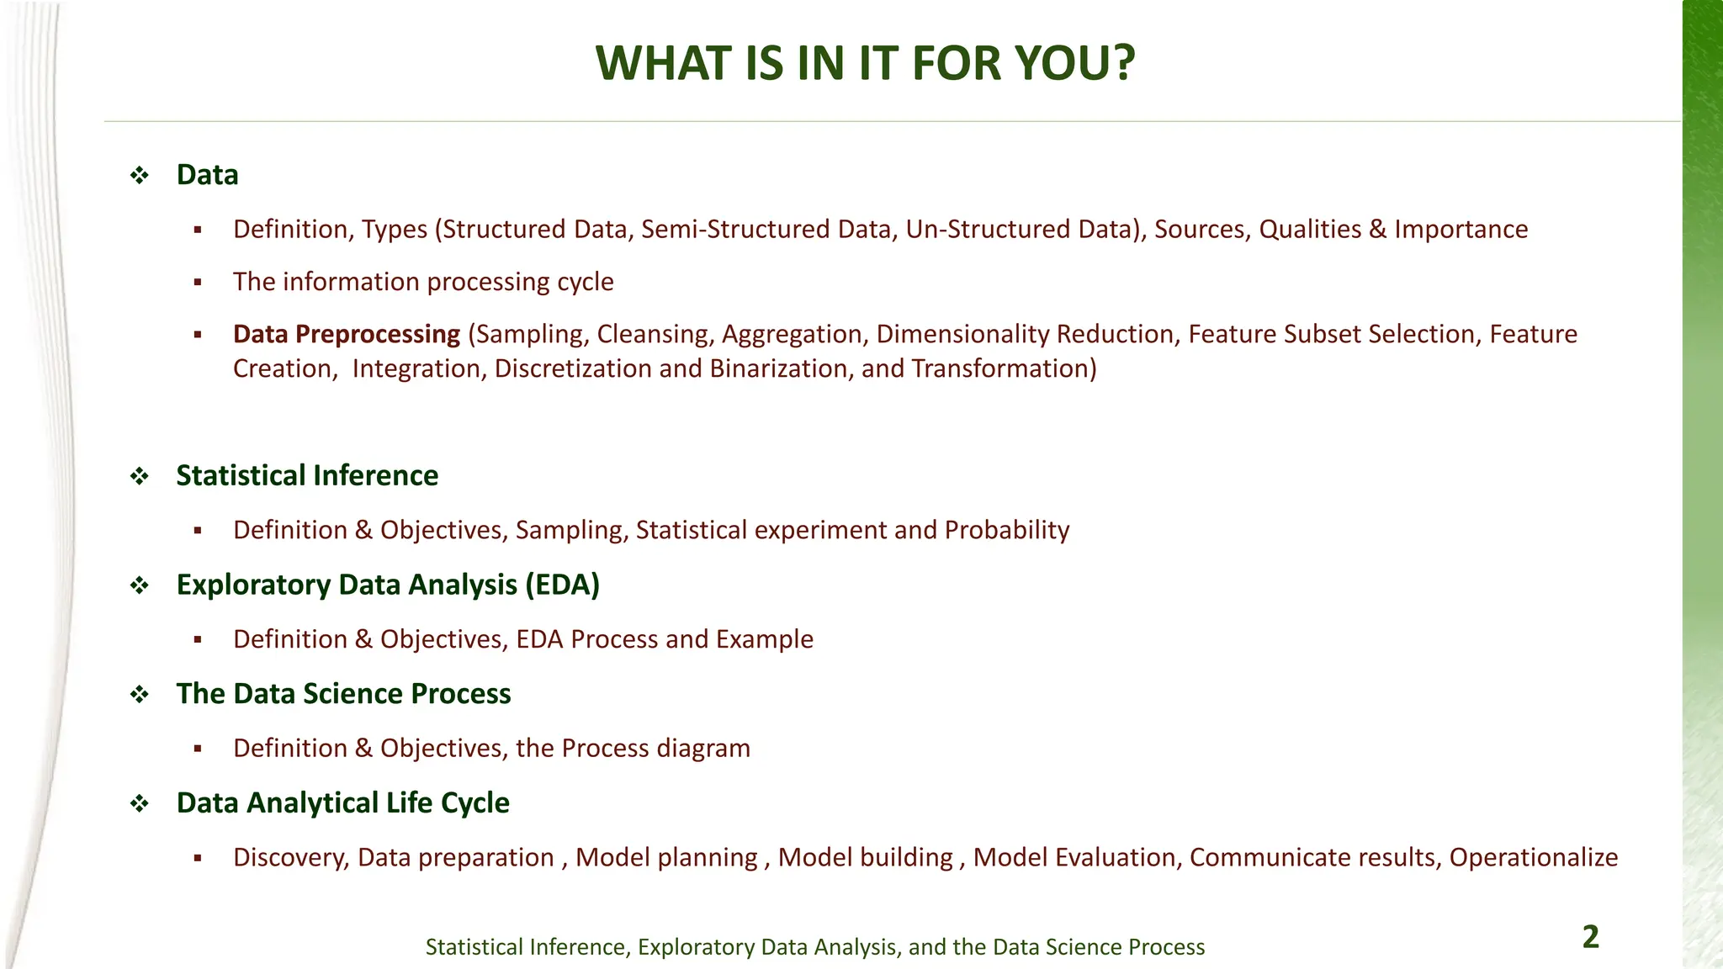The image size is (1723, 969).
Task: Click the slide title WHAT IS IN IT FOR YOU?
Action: [865, 63]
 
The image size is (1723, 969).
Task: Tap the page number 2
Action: [1590, 937]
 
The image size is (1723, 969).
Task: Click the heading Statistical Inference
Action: [307, 475]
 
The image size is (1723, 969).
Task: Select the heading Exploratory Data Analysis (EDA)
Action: [388, 585]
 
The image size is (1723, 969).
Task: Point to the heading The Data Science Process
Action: [343, 694]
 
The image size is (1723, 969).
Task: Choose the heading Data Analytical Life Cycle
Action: [342, 802]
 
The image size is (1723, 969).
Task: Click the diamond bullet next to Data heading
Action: [140, 175]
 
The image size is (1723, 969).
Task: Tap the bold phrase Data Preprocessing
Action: [347, 334]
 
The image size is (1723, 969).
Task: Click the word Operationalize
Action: [1533, 857]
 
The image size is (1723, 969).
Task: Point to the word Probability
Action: [1006, 530]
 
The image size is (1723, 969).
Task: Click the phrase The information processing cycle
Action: [423, 282]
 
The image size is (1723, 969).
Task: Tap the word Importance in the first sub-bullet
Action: [1461, 230]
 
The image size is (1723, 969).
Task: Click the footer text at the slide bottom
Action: [814, 947]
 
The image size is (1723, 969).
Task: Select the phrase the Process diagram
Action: [633, 748]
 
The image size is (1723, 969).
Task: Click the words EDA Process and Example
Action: [665, 639]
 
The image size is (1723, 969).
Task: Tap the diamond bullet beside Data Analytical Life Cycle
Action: [140, 803]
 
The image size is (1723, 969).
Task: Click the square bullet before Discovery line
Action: [198, 858]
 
